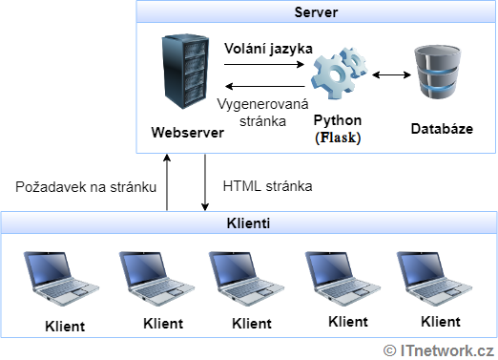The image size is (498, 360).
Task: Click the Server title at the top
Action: coord(317,13)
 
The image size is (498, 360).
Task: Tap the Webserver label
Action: coord(187,132)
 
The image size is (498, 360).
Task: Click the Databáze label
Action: coord(441,128)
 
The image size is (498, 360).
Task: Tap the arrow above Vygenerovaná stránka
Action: coord(262,86)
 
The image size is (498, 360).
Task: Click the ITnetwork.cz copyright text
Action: coord(439,349)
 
